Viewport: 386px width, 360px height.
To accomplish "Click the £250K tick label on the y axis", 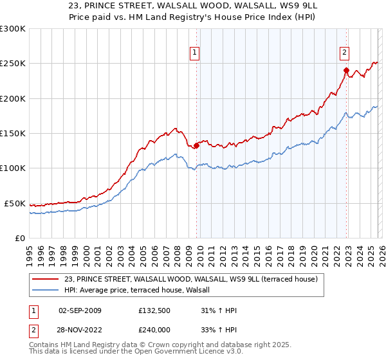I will click(13, 64).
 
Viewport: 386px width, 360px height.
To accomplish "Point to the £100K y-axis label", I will click(13, 168).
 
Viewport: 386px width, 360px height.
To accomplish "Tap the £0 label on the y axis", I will click(20, 238).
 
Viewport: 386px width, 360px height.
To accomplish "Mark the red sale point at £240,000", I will click(346, 71).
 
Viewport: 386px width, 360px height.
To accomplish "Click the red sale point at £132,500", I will click(196, 145).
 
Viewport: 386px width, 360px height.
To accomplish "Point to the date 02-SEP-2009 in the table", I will click(80, 310).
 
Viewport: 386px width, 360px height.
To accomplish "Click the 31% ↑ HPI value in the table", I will click(219, 310).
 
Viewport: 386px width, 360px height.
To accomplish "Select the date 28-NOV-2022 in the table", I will click(80, 329).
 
